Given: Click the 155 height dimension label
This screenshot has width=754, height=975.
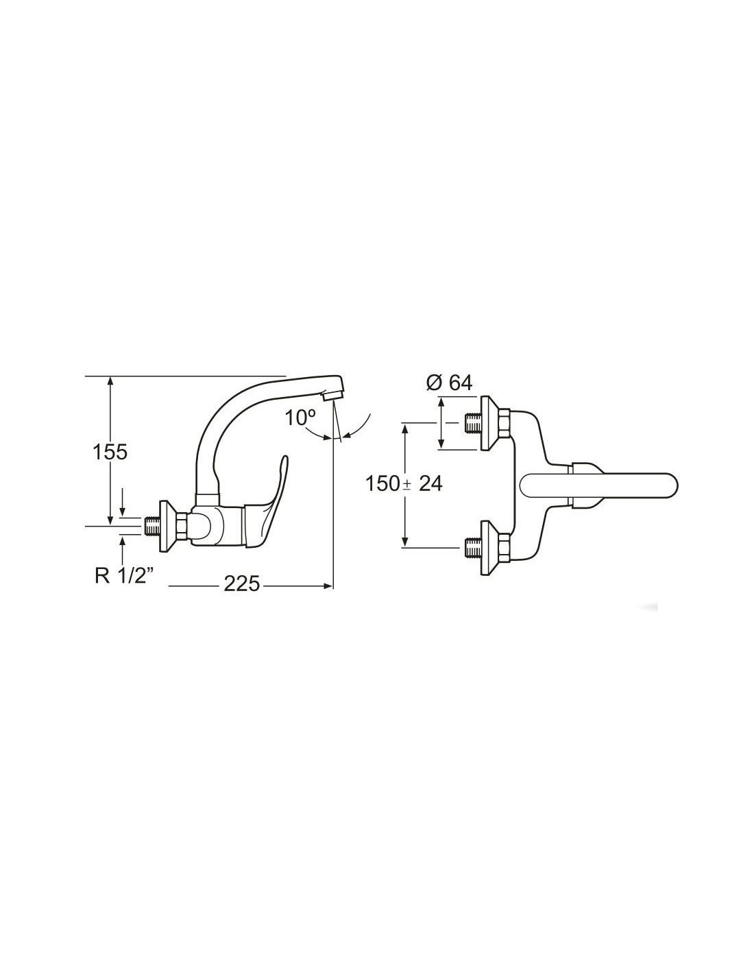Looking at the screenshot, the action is pyautogui.click(x=110, y=452).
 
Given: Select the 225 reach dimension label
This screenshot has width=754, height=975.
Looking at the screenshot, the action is pyautogui.click(x=242, y=583).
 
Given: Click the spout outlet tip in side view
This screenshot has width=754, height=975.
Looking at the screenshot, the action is pyautogui.click(x=332, y=396).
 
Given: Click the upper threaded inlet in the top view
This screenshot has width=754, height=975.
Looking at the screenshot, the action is pyautogui.click(x=472, y=422).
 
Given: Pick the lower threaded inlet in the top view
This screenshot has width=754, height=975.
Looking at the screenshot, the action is pyautogui.click(x=472, y=546).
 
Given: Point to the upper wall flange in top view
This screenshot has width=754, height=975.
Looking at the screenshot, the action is pyautogui.click(x=490, y=422).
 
